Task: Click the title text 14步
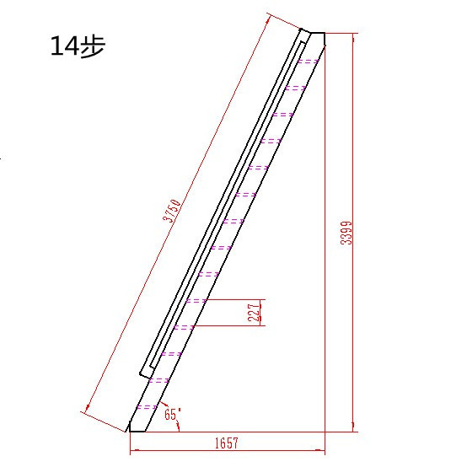(x=78, y=46)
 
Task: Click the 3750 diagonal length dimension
(x=172, y=211)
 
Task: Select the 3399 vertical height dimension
(x=346, y=233)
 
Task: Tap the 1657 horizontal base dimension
(x=227, y=443)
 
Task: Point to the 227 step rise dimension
(x=254, y=313)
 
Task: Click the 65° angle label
(x=173, y=414)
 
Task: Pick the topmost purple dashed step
(x=309, y=62)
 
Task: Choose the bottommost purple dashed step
(x=148, y=407)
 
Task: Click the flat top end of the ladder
(x=318, y=34)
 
